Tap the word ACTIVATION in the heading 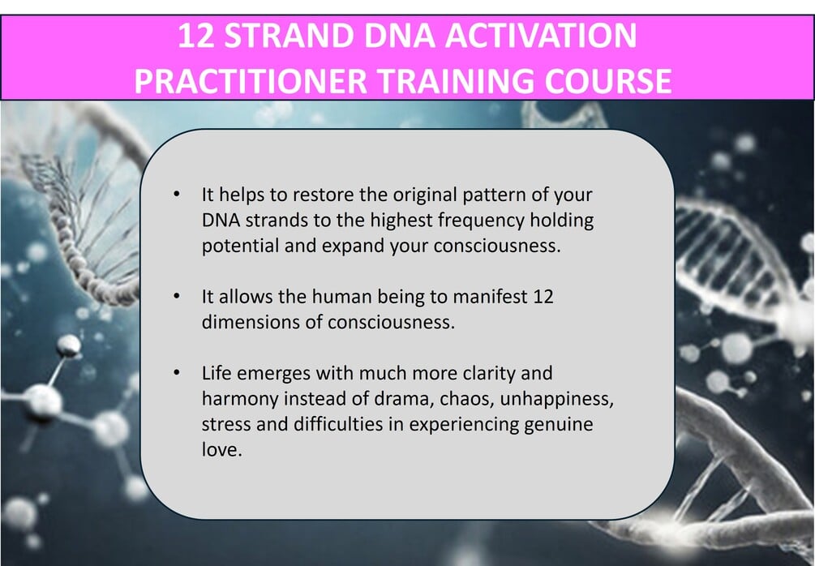pyautogui.click(x=541, y=36)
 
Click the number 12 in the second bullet pyautogui.click(x=543, y=297)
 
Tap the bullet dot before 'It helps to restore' pyautogui.click(x=177, y=195)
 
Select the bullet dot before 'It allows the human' pyautogui.click(x=177, y=296)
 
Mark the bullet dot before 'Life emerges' pyautogui.click(x=177, y=373)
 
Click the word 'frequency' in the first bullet pyautogui.click(x=481, y=221)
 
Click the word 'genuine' pyautogui.click(x=558, y=425)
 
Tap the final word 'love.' pyautogui.click(x=222, y=449)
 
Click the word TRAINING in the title pyautogui.click(x=455, y=81)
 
